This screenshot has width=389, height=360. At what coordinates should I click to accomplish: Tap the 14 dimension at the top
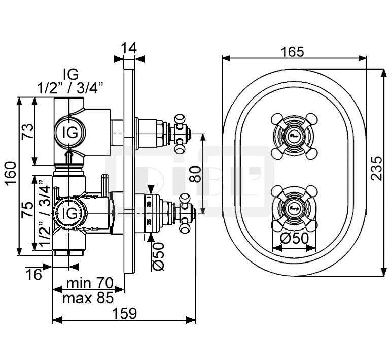[x=129, y=49]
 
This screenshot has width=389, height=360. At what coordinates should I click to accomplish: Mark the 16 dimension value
[x=34, y=275]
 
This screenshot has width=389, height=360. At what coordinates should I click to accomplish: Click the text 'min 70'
[x=87, y=283]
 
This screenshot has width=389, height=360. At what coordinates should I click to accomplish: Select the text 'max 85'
[x=87, y=298]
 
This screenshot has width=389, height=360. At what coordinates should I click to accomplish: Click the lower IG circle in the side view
[x=69, y=213]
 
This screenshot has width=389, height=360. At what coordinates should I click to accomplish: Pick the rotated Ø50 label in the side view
[x=159, y=257]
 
